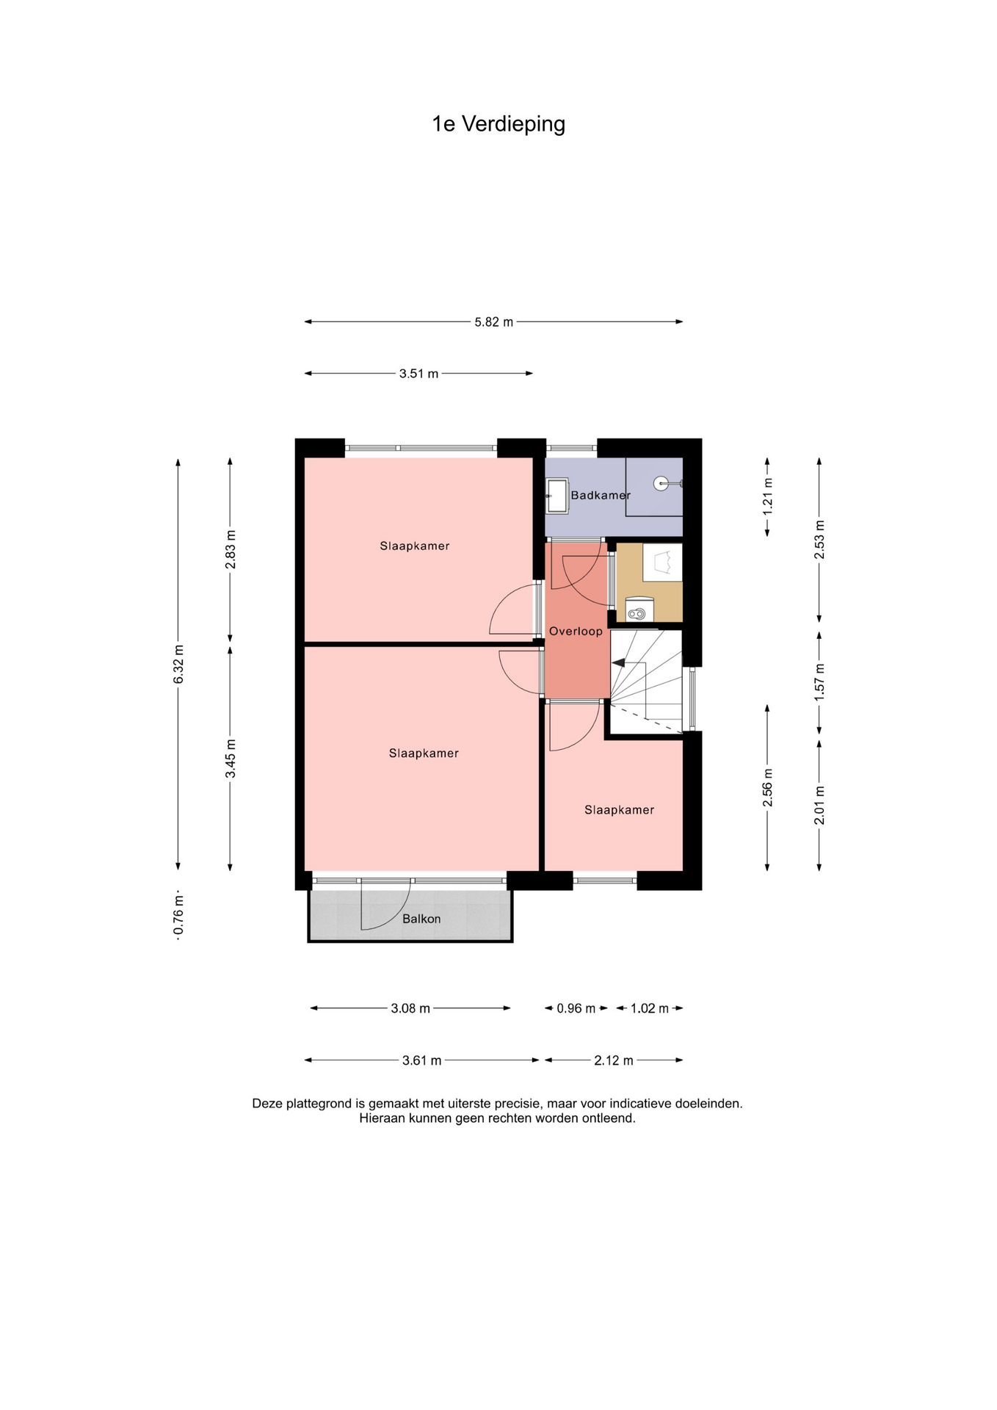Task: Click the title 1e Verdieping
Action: pyautogui.click(x=498, y=124)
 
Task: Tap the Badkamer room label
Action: pyautogui.click(x=601, y=495)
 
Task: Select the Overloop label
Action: pyautogui.click(x=576, y=631)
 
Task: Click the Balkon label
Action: pyautogui.click(x=421, y=919)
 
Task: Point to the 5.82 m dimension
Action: pyautogui.click(x=494, y=322)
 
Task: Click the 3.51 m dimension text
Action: pyautogui.click(x=418, y=374)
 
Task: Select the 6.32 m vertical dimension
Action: pyautogui.click(x=178, y=664)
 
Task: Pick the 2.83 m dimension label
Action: pyautogui.click(x=231, y=549)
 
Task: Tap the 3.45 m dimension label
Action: pyautogui.click(x=231, y=759)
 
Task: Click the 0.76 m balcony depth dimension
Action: pyautogui.click(x=178, y=915)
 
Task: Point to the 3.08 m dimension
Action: pyautogui.click(x=410, y=1008)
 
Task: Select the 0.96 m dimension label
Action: pyautogui.click(x=576, y=1008)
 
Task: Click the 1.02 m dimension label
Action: pyautogui.click(x=650, y=1008)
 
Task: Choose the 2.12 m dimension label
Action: pyautogui.click(x=614, y=1060)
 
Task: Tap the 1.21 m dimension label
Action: pyautogui.click(x=768, y=496)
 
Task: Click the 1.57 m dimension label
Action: pyautogui.click(x=820, y=681)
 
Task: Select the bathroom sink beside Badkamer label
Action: pyautogui.click(x=557, y=496)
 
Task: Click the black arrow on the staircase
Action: pyautogui.click(x=619, y=662)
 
